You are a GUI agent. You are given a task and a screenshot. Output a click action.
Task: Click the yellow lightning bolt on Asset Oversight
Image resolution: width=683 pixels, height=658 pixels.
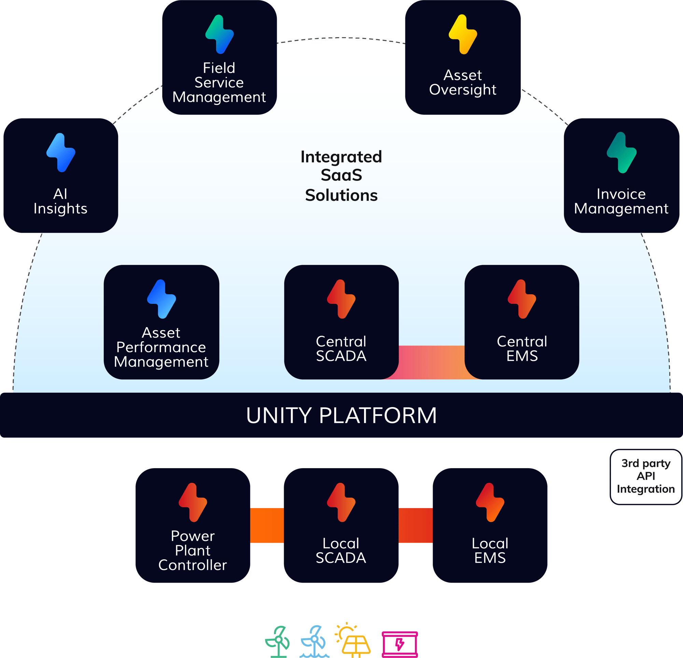462,34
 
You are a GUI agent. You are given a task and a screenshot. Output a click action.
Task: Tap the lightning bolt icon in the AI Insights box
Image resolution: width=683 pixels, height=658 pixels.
61,153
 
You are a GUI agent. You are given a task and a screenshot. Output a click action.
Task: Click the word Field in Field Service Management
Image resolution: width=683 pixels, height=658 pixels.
219,68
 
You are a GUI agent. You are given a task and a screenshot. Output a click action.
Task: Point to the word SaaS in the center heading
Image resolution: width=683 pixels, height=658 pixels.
341,175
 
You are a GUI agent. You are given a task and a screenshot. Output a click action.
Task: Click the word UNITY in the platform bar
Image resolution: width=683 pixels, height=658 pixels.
279,416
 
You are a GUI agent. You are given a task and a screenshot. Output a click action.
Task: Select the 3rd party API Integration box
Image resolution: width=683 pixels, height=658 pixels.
645,476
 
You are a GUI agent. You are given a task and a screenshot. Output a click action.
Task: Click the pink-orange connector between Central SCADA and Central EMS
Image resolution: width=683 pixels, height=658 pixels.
431,362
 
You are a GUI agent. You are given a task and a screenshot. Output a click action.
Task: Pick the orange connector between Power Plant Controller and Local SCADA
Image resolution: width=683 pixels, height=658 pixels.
267,526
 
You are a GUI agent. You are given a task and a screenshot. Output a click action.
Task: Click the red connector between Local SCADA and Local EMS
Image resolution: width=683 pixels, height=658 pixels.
415,526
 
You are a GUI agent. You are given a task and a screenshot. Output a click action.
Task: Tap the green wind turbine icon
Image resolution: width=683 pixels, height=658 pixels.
278,642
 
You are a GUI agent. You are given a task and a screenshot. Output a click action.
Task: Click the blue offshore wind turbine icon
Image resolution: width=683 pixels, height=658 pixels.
314,642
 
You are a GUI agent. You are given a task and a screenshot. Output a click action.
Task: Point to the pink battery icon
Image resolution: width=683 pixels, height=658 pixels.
400,644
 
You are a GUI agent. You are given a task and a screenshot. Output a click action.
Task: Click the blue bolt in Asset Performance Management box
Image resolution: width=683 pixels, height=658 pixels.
161,299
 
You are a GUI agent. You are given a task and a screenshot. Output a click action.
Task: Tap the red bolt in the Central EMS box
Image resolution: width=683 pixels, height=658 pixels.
522,299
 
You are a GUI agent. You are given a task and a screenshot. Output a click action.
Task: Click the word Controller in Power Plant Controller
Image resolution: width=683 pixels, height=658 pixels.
192,565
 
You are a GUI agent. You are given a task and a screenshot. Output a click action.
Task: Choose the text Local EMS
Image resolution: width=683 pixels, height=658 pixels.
490,551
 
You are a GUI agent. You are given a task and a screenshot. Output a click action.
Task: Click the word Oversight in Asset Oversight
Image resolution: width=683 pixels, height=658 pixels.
462,90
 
